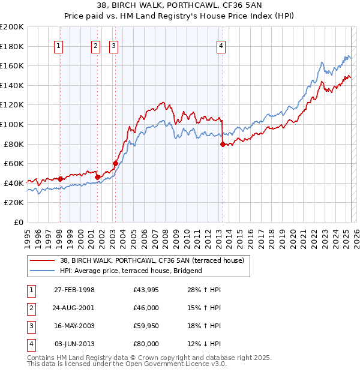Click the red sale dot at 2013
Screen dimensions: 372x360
click(223, 144)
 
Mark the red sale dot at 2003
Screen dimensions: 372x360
click(115, 163)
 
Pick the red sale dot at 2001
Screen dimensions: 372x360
click(97, 177)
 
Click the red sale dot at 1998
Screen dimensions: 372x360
click(60, 179)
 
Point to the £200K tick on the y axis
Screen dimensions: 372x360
click(12, 27)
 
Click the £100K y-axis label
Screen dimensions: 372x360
click(12, 124)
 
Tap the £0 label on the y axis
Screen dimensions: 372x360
click(18, 222)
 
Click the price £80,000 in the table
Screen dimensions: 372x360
click(146, 344)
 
